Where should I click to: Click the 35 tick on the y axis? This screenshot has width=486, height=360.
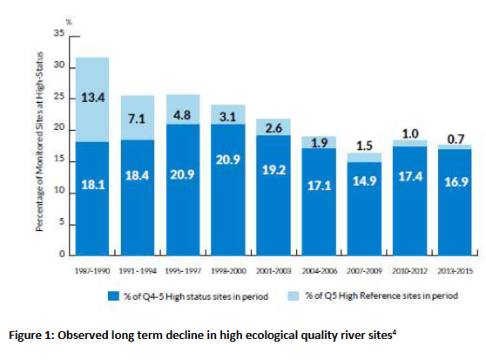click(58, 33)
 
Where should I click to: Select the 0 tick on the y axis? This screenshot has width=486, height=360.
click(61, 255)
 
